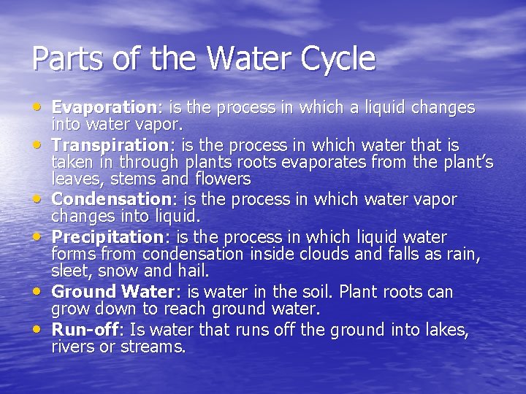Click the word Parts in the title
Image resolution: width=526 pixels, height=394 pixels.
coord(65,58)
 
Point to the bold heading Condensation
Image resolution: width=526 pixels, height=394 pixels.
coord(110,199)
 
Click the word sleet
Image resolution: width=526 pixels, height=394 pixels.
coord(69,271)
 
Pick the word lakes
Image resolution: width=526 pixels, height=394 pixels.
coord(446,330)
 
